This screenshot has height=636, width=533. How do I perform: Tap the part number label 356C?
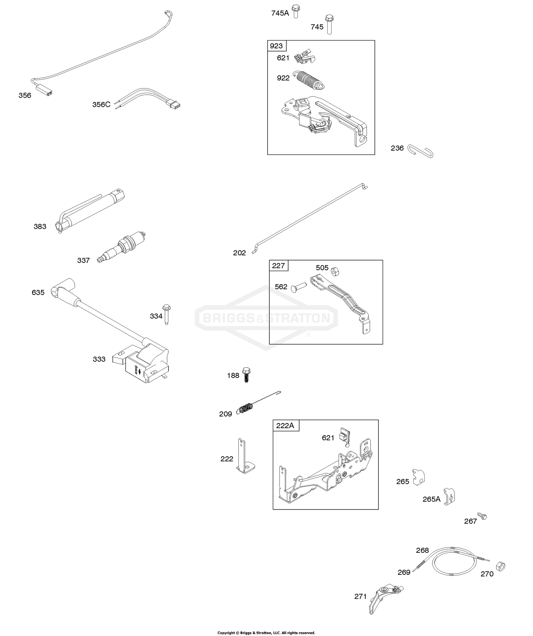pyautogui.click(x=101, y=104)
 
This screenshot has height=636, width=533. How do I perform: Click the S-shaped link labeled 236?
pyautogui.click(x=420, y=151)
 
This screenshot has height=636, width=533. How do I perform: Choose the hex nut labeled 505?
pyautogui.click(x=335, y=271)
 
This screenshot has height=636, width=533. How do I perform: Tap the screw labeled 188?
pyautogui.click(x=246, y=374)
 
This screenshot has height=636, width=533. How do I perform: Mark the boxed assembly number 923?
pyautogui.click(x=276, y=46)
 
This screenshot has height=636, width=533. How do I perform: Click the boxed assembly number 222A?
pyautogui.click(x=285, y=425)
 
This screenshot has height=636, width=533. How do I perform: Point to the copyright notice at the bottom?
pyautogui.click(x=266, y=632)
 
